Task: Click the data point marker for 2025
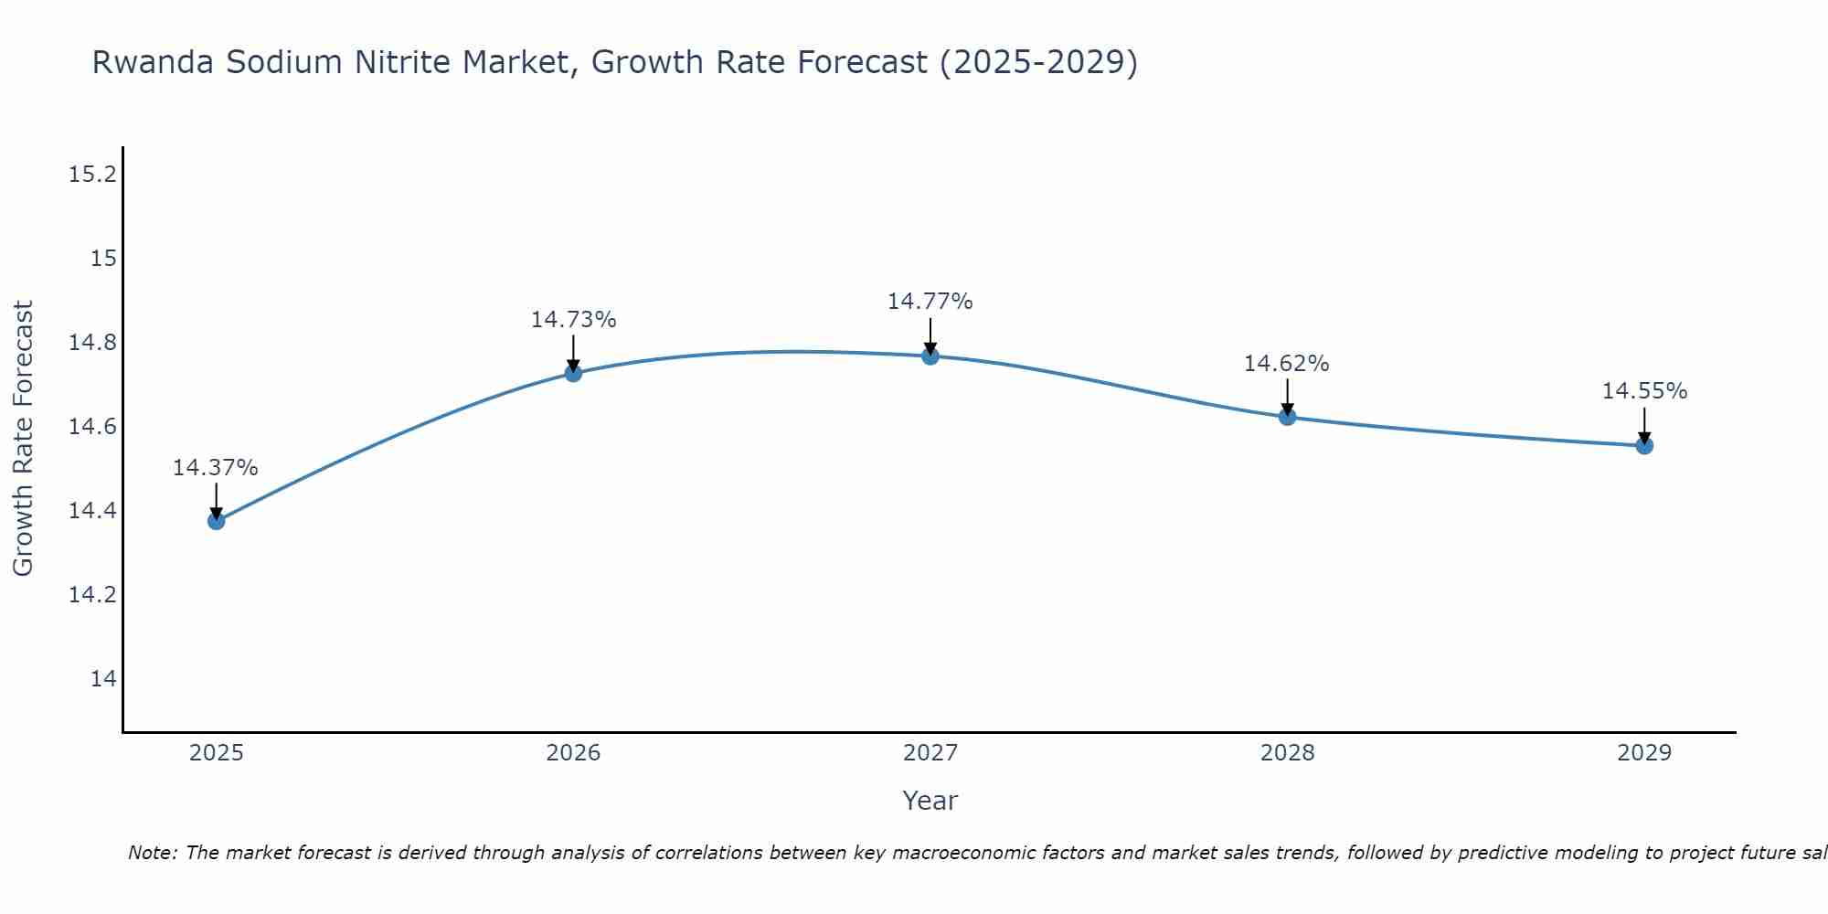click(x=217, y=521)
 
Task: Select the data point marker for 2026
click(x=573, y=373)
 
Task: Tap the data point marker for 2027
click(x=930, y=356)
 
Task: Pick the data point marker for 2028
click(x=1287, y=417)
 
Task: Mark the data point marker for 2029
click(x=1644, y=446)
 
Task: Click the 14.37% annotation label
click(x=216, y=468)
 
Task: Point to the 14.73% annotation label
click(x=573, y=320)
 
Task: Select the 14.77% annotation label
click(x=930, y=302)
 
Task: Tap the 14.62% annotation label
click(x=1286, y=364)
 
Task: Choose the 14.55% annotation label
click(x=1644, y=391)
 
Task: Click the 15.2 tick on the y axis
click(x=93, y=175)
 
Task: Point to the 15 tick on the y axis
click(x=104, y=259)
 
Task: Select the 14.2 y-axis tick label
click(x=93, y=595)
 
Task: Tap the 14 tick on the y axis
click(x=104, y=679)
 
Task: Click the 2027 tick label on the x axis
click(x=930, y=753)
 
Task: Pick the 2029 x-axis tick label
click(x=1644, y=753)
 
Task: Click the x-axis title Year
click(x=930, y=801)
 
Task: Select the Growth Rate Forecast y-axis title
click(x=23, y=439)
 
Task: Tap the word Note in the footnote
click(x=152, y=853)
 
